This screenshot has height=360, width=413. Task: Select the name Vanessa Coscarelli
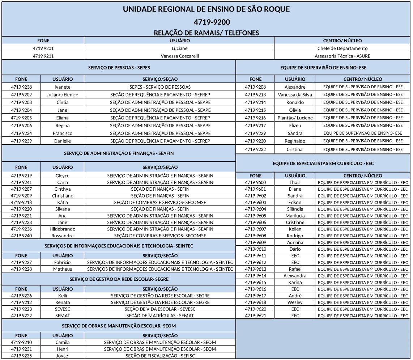179,56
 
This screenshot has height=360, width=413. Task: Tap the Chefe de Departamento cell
342,48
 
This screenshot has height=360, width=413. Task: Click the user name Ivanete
62,87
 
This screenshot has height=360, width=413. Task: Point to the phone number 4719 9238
21,87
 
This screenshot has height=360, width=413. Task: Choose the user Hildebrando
62,229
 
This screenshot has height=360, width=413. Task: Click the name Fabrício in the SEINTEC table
62,262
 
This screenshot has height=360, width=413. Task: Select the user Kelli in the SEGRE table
62,296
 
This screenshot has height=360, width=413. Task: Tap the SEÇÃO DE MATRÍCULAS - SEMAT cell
160,315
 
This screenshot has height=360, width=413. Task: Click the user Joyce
62,356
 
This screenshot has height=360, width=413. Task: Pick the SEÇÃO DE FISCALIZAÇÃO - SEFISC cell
160,356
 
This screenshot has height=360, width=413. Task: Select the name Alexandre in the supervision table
295,87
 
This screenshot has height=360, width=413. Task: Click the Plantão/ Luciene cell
295,118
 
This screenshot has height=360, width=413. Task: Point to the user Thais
295,182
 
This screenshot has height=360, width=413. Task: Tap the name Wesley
295,302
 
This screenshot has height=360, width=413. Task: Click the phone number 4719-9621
255,315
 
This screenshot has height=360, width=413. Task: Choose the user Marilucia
295,216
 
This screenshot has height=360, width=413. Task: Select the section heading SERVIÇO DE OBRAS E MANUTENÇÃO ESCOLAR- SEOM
119,326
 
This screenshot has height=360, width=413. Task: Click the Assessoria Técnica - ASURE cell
342,56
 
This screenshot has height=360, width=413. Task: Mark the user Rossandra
62,236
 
